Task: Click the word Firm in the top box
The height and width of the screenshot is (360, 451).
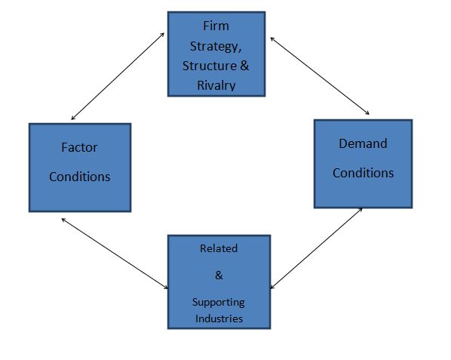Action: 216,26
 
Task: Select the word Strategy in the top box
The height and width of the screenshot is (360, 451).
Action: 214,47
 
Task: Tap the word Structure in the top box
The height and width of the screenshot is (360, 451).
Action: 210,66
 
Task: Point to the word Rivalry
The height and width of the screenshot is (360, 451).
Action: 216,86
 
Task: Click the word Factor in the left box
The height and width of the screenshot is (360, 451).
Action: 79,148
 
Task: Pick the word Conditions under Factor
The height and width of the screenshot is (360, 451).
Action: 80,177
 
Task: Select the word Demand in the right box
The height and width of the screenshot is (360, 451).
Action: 363,143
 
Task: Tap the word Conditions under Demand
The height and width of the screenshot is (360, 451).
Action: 364,173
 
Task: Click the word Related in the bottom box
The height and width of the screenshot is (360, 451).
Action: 219,248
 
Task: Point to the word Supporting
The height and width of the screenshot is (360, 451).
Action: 219,303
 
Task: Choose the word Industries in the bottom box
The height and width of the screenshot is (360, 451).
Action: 219,318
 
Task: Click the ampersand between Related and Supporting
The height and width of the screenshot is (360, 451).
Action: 219,275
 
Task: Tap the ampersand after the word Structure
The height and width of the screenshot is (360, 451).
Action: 244,66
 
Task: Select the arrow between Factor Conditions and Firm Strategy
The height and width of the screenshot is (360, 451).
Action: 118,76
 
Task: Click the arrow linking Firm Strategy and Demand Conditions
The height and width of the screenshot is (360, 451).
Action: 320,76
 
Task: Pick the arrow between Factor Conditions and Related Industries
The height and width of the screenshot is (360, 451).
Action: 115,254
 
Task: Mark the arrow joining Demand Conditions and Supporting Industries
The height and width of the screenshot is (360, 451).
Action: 317,248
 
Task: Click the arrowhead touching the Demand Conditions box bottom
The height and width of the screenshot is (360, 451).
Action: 360,210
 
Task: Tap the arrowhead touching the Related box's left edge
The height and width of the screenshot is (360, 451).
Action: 165,287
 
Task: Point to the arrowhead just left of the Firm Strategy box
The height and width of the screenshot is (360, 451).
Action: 162,35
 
